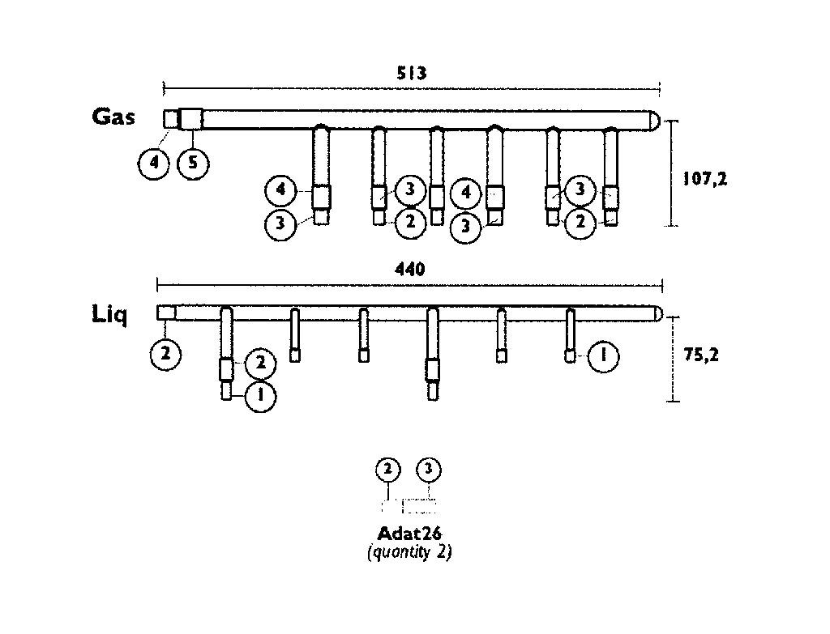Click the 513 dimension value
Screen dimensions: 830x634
coord(411,73)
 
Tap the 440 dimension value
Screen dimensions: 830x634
coord(409,270)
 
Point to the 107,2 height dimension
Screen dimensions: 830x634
coord(705,179)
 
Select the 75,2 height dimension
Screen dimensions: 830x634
coord(701,355)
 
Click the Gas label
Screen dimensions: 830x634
coord(113,117)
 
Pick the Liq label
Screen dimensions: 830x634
coord(109,315)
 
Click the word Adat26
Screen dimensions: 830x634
coord(409,533)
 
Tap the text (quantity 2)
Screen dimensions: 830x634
coord(409,552)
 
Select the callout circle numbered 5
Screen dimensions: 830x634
coord(193,163)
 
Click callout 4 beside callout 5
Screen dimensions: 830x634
coord(153,163)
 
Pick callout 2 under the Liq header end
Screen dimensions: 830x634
coord(165,353)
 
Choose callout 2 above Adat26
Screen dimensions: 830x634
coord(388,470)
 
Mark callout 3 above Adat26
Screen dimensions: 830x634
coord(429,470)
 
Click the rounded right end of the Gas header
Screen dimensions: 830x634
coord(655,120)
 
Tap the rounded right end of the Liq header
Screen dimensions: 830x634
coord(658,314)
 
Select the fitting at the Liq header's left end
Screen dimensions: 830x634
coord(166,313)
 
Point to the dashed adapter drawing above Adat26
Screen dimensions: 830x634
coord(409,506)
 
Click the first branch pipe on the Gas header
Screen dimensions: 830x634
coord(321,175)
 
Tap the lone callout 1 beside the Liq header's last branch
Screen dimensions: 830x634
coord(603,356)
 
